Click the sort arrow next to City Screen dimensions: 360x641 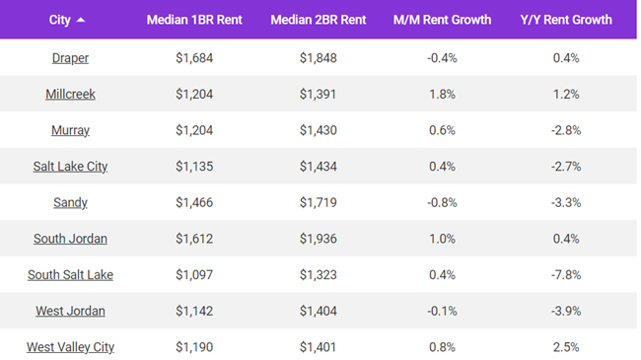[x=81, y=20]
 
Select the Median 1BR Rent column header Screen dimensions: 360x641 [x=193, y=20]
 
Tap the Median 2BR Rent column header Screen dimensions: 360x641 [x=318, y=20]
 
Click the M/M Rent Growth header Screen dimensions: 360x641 [x=442, y=20]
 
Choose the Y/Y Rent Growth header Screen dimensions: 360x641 [x=566, y=20]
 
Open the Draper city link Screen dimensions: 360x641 [x=70, y=58]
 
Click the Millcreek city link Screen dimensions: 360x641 [x=70, y=95]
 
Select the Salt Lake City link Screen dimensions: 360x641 [x=70, y=167]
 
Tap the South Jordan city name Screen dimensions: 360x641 [x=70, y=239]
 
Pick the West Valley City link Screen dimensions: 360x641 [x=70, y=347]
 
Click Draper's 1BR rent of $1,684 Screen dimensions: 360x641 [x=193, y=58]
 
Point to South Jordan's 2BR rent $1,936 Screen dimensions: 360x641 [x=318, y=239]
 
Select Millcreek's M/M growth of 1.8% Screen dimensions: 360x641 [x=442, y=95]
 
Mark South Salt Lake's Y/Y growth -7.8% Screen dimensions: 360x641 [x=566, y=275]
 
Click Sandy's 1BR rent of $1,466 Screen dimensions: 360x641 [x=193, y=203]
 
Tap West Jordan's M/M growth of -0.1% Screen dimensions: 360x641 [x=442, y=312]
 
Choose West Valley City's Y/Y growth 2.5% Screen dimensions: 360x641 [x=566, y=347]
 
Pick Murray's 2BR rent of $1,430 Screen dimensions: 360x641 [x=318, y=130]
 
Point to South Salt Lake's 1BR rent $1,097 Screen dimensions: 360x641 [x=193, y=275]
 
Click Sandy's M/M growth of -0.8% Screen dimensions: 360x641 [x=442, y=203]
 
